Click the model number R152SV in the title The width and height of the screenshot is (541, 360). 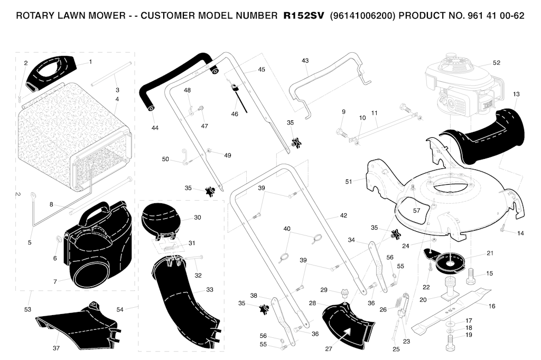click(x=304, y=16)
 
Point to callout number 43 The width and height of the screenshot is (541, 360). click(x=305, y=61)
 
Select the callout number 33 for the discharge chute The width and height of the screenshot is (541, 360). click(x=210, y=290)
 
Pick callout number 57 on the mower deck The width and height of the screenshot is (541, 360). click(x=417, y=210)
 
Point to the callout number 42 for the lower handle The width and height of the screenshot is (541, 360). click(x=343, y=215)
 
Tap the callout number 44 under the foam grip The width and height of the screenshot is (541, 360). click(x=155, y=128)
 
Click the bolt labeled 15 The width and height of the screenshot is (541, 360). click(x=471, y=276)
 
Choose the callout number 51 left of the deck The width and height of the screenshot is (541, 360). click(x=349, y=182)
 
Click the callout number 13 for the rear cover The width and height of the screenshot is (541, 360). click(x=516, y=94)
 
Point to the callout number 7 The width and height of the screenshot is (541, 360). click(x=55, y=282)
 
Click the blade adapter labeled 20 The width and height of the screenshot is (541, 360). click(x=450, y=288)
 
